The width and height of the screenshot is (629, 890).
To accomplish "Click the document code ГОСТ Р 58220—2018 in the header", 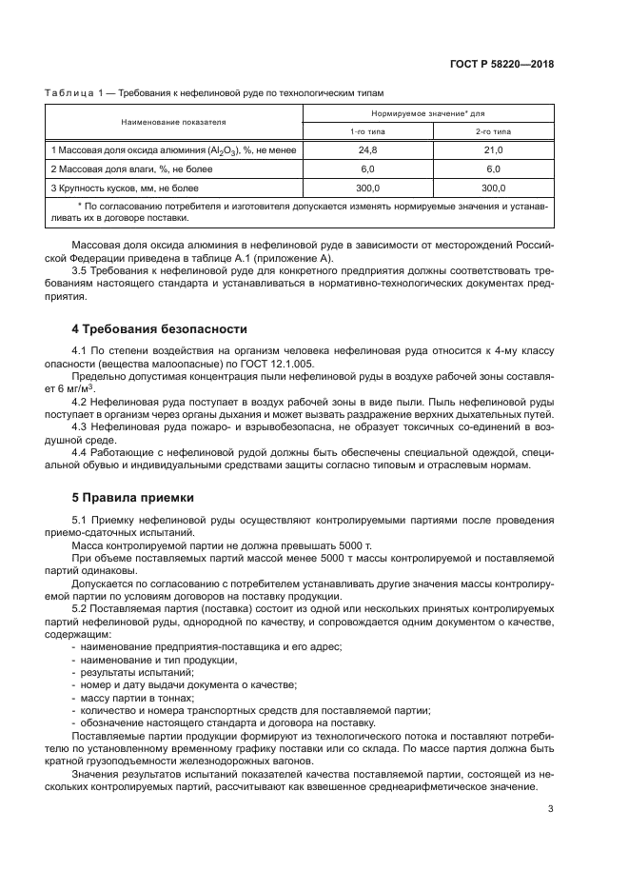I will click(501, 65).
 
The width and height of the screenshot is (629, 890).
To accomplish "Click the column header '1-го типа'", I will click(367, 131).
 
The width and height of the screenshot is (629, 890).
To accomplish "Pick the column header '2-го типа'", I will click(493, 131).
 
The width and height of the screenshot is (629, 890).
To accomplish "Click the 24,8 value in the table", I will click(367, 150).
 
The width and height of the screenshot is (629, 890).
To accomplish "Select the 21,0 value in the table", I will click(493, 150).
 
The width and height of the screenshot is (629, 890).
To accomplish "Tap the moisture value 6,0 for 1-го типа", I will click(367, 168).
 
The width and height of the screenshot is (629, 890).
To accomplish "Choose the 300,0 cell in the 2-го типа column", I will click(493, 188).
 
